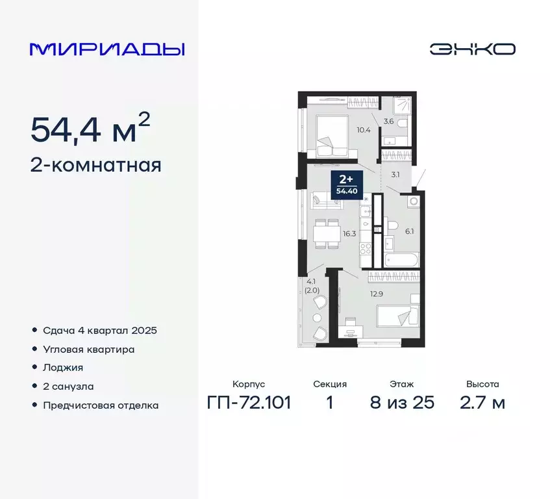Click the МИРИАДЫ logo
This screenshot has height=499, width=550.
tap(107, 49)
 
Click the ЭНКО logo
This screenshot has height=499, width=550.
tap(473, 49)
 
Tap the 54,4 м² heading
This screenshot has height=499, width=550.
tap(90, 130)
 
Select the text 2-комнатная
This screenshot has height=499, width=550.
tap(95, 165)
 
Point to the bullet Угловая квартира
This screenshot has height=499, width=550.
tap(89, 349)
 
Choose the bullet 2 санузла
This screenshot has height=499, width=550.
tap(68, 386)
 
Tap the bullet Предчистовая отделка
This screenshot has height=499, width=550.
tap(101, 405)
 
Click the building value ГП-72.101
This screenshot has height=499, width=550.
tap(249, 402)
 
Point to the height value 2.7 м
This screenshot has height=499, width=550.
tap(481, 402)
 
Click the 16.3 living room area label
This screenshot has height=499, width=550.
tap(349, 233)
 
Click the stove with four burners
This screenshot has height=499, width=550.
tap(366, 249)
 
